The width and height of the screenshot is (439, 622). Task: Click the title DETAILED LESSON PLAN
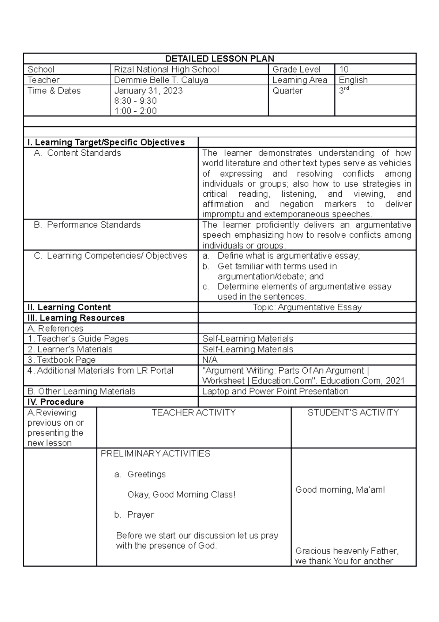click(219, 59)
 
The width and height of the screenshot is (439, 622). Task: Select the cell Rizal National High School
click(166, 69)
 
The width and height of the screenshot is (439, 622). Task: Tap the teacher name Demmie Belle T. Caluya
click(161, 80)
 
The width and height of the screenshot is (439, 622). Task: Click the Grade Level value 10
click(344, 69)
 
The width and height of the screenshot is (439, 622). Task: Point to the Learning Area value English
click(353, 80)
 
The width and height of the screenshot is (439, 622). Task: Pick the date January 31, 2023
click(148, 90)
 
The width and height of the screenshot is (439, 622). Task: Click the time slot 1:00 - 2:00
click(135, 111)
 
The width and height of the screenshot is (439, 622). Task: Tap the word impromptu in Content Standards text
click(223, 214)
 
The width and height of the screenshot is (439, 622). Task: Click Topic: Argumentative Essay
click(307, 307)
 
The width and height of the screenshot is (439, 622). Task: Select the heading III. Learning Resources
click(76, 318)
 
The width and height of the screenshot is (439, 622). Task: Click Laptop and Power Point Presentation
click(275, 391)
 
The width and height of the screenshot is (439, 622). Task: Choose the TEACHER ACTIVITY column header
click(194, 412)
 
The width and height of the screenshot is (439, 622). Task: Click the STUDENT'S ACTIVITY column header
click(353, 412)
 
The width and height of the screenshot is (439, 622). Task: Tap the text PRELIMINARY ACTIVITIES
click(155, 453)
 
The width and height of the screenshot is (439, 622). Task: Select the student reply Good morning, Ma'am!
click(340, 490)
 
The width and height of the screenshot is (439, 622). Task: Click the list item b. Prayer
click(134, 515)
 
